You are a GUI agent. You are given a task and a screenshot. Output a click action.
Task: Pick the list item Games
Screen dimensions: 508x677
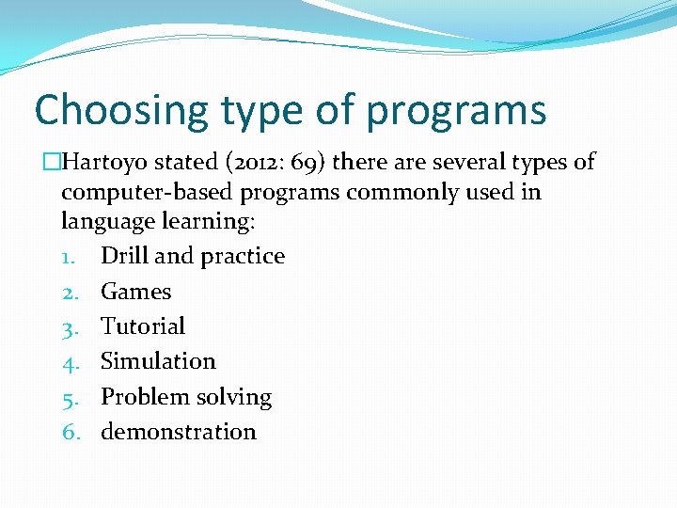(x=135, y=292)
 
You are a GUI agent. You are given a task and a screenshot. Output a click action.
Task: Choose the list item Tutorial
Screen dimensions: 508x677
(x=143, y=326)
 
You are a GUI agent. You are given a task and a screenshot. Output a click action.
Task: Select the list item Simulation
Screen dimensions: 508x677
(x=158, y=361)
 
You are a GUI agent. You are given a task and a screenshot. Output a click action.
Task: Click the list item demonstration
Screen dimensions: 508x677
(x=178, y=432)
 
